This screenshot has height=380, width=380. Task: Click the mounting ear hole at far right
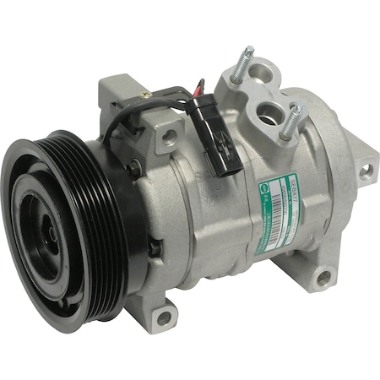(x=365, y=171)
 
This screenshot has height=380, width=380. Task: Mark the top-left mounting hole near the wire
(x=169, y=134)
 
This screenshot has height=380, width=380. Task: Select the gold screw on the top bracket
(x=144, y=95)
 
